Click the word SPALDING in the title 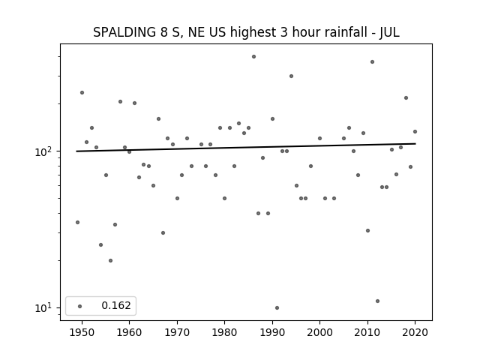coord(124,32)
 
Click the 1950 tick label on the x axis coord(82,332)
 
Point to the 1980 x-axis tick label coord(224,332)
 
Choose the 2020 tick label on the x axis coord(415,332)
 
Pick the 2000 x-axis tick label coord(319,332)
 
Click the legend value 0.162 coord(116,305)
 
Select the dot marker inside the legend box coord(80,306)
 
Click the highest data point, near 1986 coord(253,57)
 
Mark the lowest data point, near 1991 coord(277,308)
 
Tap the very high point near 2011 coord(372,61)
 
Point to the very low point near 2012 coord(377,301)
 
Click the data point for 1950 coord(82,93)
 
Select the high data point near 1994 coord(291,76)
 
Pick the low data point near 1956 coord(110,261)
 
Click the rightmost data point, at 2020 coord(415,132)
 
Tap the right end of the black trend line coord(415,143)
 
